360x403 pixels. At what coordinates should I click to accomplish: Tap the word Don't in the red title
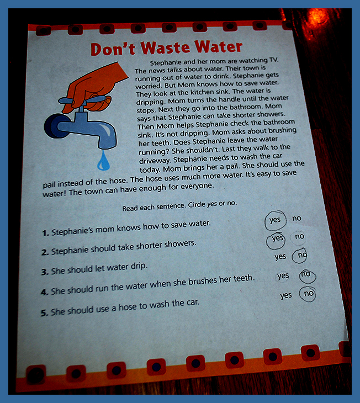113,49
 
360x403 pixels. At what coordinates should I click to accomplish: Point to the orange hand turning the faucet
96,87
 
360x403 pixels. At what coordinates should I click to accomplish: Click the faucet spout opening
107,146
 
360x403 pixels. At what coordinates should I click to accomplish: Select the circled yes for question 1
275,220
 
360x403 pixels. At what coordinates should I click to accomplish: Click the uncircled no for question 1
297,218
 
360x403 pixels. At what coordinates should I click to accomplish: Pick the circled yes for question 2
276,240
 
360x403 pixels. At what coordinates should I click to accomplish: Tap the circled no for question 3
300,256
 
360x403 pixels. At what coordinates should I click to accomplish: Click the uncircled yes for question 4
283,276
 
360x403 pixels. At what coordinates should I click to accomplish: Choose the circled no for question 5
308,294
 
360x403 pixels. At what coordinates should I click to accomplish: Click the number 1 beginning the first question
45,233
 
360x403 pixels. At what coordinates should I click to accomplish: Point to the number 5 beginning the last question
44,313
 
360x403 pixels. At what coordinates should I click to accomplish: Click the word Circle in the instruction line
197,205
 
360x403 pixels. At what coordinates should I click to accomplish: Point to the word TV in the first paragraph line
273,60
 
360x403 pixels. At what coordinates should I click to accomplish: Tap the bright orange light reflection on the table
318,16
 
